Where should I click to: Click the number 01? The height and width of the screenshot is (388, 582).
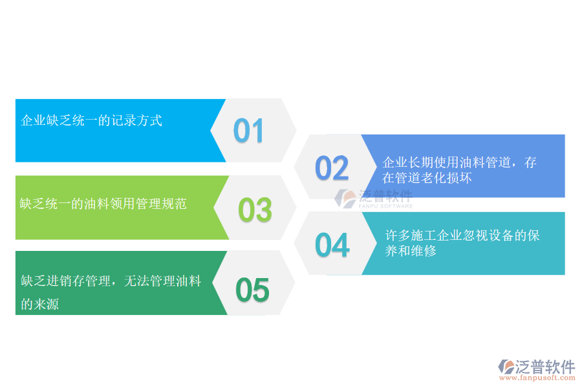coord(249,131)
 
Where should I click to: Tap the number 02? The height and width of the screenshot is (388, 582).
coord(332,167)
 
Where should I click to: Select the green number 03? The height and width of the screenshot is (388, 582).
coord(255,210)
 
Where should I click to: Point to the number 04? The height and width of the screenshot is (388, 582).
coord(332,245)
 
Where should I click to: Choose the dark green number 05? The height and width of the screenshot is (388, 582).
coord(252,290)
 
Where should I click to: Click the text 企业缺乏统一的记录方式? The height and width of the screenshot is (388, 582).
coord(91,120)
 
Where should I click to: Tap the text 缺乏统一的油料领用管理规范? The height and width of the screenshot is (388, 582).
coord(103,204)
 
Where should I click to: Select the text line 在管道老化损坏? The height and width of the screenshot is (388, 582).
coord(427,178)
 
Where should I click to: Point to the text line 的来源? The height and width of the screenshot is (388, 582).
coord(39,304)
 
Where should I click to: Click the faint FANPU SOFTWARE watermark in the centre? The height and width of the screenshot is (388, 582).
coord(386,206)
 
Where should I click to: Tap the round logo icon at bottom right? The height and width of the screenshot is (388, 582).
coord(506,367)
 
